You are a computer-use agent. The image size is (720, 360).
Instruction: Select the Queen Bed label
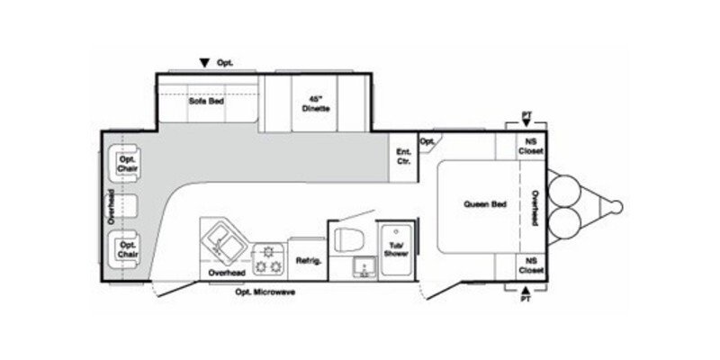(x=485, y=203)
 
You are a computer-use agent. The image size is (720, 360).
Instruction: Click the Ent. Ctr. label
(x=404, y=157)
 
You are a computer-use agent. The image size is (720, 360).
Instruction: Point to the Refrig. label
(x=308, y=261)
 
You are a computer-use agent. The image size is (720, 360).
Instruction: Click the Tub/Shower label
(x=396, y=248)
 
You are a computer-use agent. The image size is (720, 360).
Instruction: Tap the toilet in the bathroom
(x=347, y=238)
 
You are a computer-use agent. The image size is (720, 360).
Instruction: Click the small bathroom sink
(x=363, y=265)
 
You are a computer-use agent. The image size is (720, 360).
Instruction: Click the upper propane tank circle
(x=568, y=191)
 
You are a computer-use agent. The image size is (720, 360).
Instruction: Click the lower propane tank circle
(x=568, y=220)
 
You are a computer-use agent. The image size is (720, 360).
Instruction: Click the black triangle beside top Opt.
(x=205, y=63)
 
